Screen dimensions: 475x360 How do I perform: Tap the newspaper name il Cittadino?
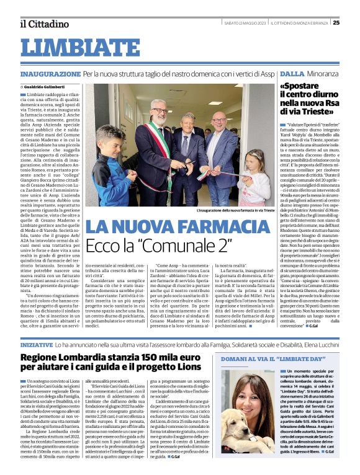(x=44, y=24)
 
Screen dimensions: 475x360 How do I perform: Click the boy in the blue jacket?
(x=112, y=167)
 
